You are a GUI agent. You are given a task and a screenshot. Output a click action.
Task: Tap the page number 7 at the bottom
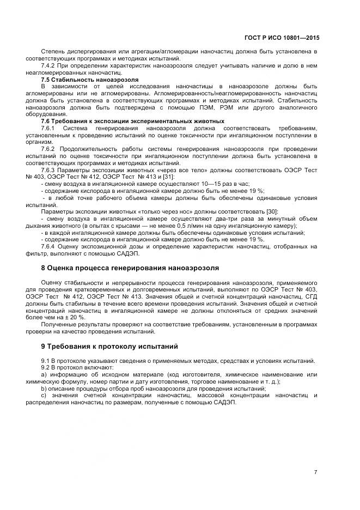click(x=316, y=472)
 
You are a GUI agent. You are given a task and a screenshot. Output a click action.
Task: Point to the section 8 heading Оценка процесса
click(x=130, y=268)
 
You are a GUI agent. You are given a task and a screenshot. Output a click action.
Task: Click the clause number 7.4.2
click(x=50, y=65)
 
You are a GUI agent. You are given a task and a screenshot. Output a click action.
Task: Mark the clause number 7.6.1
click(x=50, y=127)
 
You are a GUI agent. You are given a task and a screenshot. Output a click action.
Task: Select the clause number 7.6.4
click(x=50, y=246)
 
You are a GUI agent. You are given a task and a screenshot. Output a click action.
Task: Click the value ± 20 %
click(x=75, y=316)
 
